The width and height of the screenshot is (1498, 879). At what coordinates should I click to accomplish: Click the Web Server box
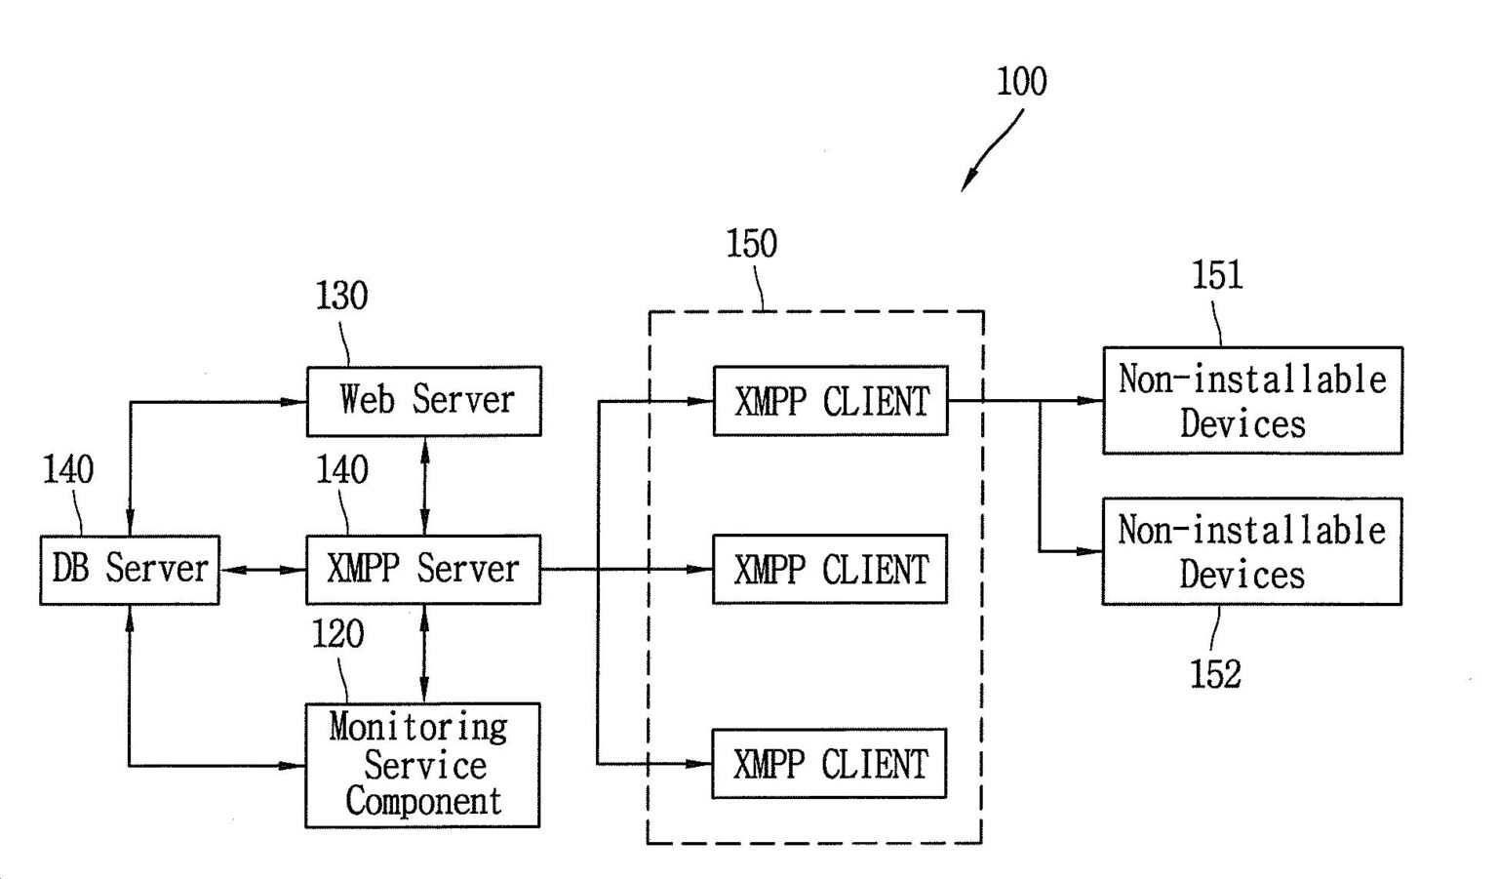(x=424, y=401)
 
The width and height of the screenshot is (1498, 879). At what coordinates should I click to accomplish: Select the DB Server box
(x=130, y=570)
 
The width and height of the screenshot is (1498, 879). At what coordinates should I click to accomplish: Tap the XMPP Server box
(x=423, y=570)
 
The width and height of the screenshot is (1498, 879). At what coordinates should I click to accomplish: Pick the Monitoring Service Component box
(x=423, y=765)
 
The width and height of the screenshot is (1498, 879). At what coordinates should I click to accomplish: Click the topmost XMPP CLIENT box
(x=830, y=401)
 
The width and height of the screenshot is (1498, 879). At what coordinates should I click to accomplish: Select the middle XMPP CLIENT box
(x=830, y=570)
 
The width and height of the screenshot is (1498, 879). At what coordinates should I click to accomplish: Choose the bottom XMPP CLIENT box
(x=829, y=763)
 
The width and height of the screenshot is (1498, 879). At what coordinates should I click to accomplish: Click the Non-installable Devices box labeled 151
(x=1252, y=400)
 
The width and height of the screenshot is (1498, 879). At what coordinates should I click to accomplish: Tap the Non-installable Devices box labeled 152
(x=1251, y=551)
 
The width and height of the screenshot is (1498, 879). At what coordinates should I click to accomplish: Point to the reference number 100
(x=1021, y=81)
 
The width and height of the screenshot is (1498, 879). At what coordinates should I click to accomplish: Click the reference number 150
(x=751, y=244)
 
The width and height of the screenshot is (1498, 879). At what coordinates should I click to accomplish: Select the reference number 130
(x=341, y=296)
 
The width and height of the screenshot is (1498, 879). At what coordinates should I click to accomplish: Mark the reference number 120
(x=337, y=635)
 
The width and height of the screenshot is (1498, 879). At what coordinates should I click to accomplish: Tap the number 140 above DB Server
(x=68, y=470)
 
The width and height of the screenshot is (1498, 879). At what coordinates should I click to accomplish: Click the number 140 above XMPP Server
(x=341, y=470)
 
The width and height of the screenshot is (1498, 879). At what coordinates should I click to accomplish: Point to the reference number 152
(x=1215, y=674)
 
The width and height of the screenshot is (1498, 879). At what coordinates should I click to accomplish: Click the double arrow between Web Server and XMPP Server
(x=424, y=485)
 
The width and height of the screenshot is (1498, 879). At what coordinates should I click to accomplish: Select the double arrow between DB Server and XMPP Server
(x=262, y=570)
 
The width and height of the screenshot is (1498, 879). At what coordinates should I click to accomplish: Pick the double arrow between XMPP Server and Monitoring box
(x=423, y=653)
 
